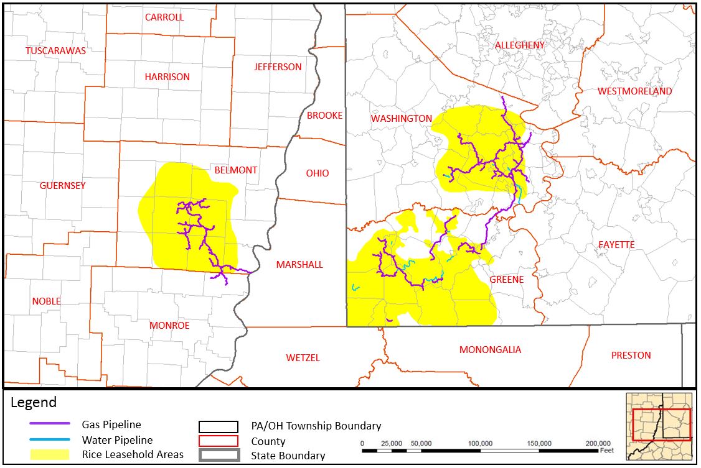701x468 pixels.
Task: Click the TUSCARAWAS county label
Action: point(55,50)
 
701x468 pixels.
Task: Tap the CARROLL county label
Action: point(164,17)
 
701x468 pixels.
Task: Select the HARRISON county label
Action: point(167,77)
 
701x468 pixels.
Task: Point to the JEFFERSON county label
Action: point(278,67)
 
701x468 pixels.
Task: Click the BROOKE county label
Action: point(324,116)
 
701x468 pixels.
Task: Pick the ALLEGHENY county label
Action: point(519,45)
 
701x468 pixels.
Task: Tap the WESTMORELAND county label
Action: point(634,91)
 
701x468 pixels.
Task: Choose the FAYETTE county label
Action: point(616,245)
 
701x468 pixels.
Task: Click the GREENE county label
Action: point(506,280)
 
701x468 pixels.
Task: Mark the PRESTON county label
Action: point(631,356)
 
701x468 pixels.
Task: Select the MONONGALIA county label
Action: point(490,350)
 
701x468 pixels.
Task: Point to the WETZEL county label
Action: point(303,358)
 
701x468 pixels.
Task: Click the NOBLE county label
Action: point(46,301)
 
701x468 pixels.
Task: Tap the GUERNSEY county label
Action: point(62,186)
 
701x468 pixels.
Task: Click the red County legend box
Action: point(219,441)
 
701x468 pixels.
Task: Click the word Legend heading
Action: point(34,403)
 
